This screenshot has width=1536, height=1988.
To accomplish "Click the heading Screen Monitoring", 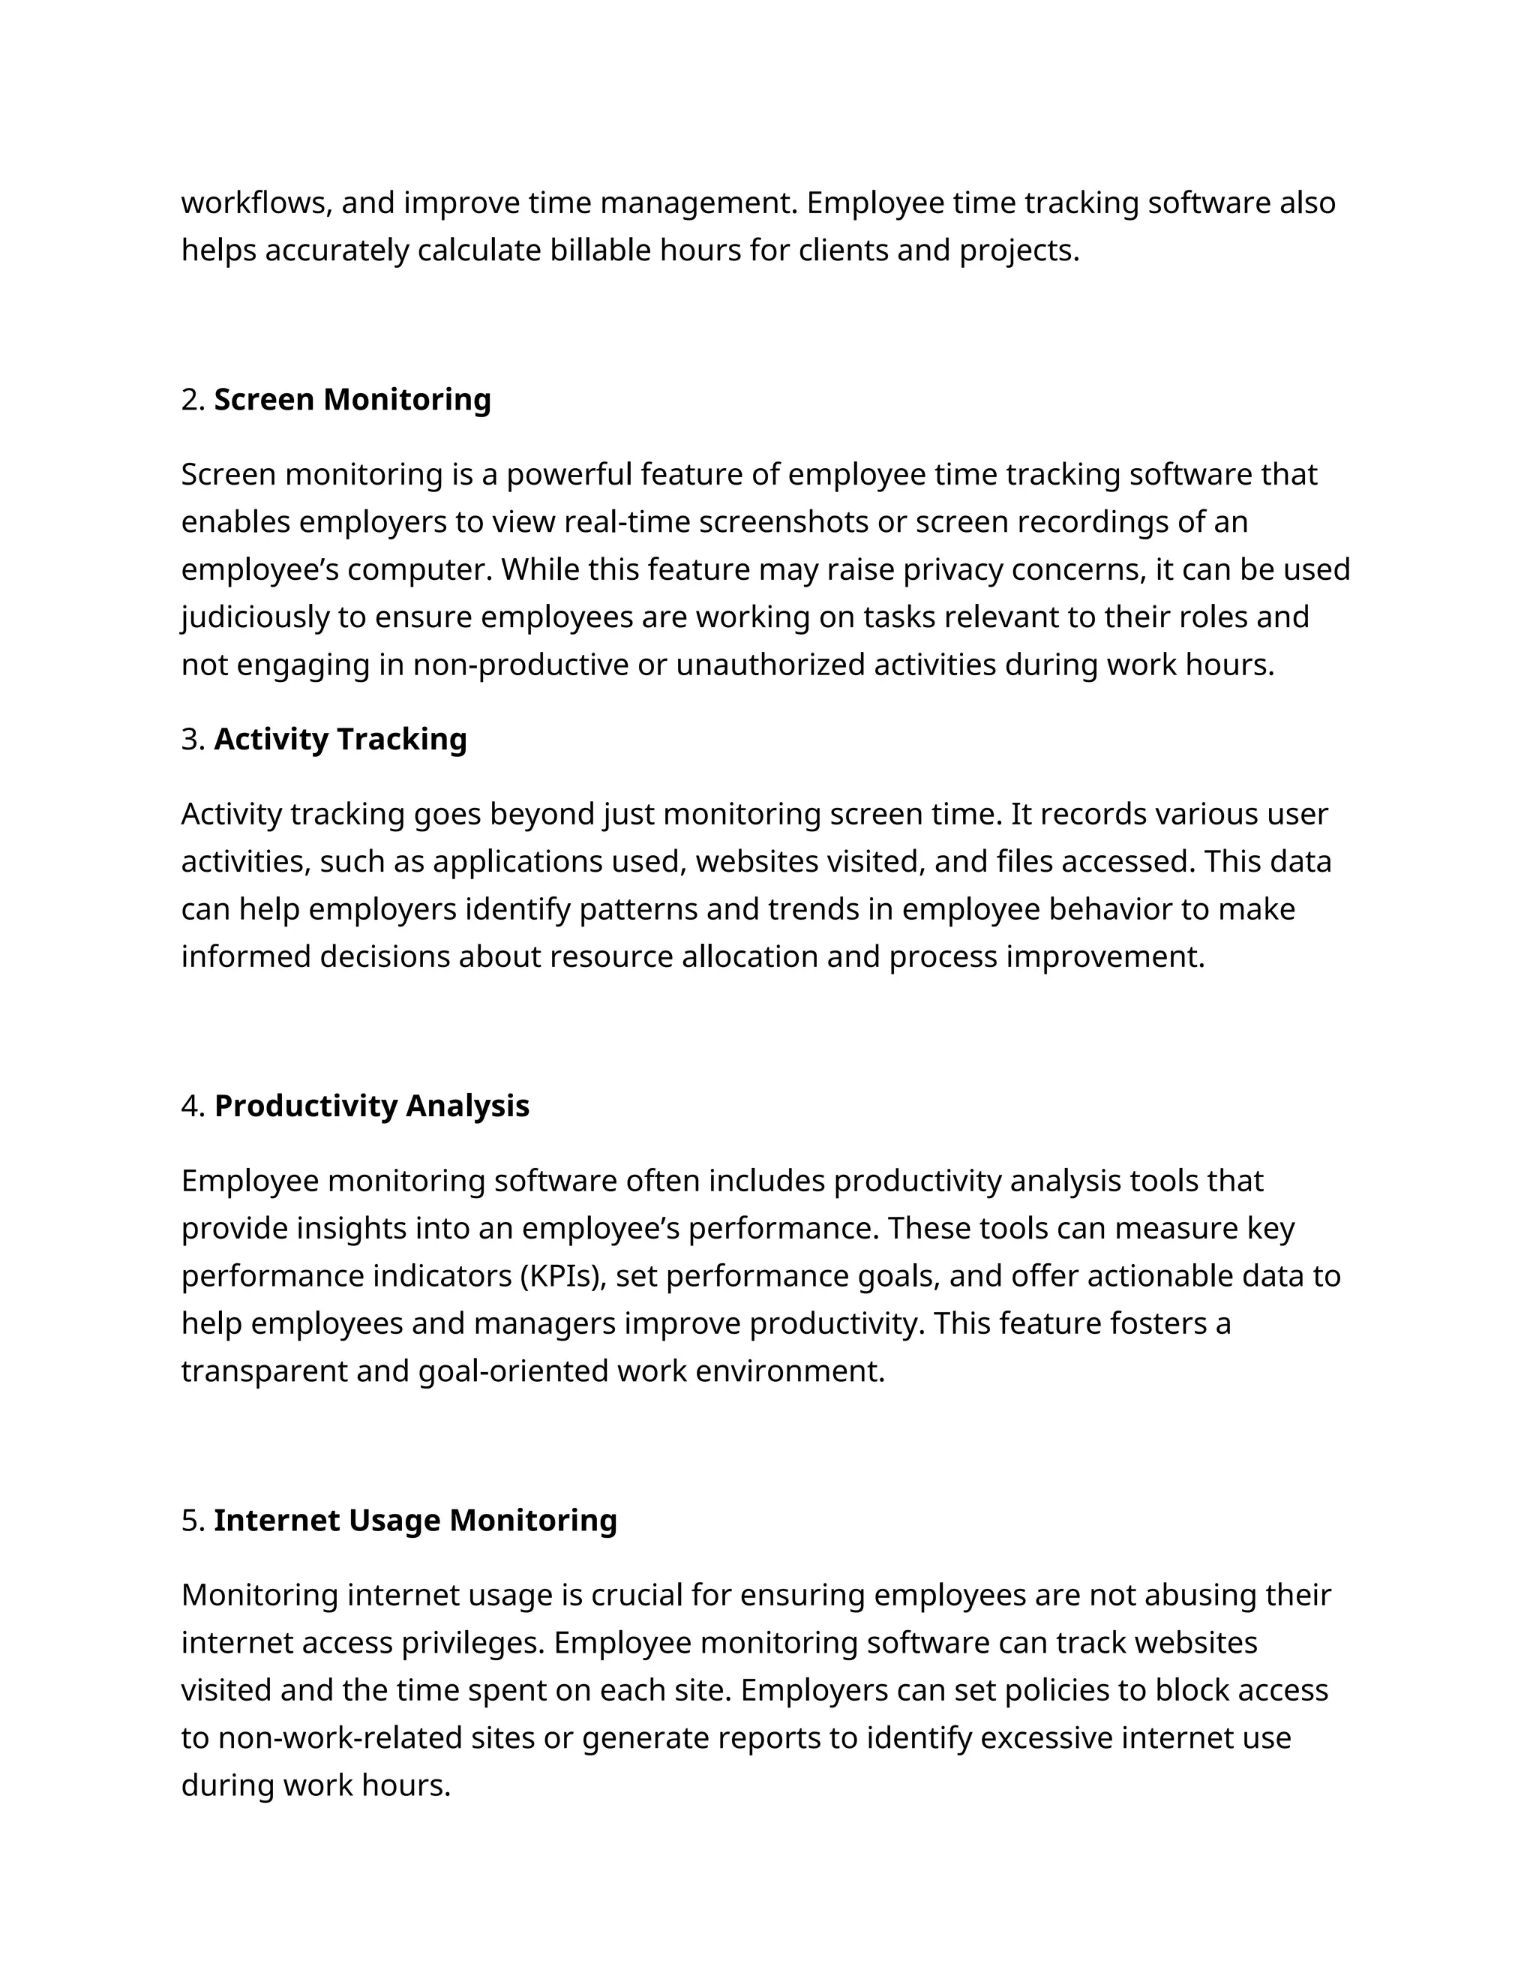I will [x=352, y=400].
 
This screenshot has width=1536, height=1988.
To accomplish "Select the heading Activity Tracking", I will [x=340, y=739].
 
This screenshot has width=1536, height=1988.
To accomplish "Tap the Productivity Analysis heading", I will [x=371, y=1106].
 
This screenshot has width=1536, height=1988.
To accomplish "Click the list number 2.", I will [x=191, y=400].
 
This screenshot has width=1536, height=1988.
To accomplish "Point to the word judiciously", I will [x=255, y=617].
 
